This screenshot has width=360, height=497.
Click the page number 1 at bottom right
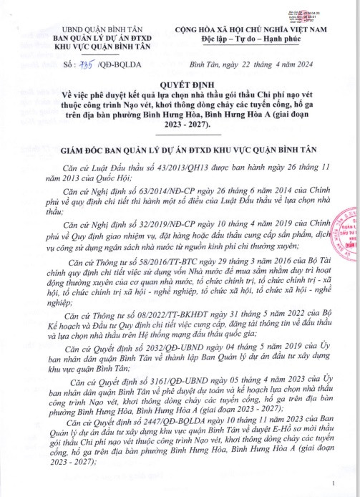[334, 486]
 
